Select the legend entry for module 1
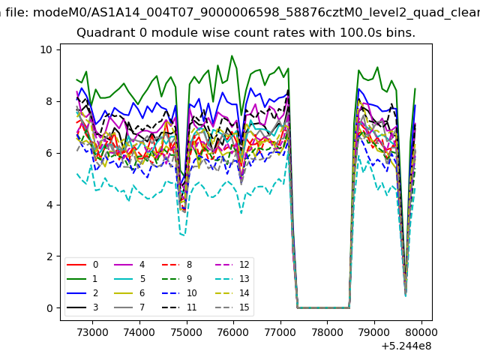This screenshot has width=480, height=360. point(82,279)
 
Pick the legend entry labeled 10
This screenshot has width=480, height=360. point(179,293)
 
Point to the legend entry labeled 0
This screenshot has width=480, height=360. point(82,265)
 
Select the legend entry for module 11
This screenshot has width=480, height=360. point(179,307)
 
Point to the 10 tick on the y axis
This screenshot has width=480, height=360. point(46,49)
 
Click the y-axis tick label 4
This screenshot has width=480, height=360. point(49,205)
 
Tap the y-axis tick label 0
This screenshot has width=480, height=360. point(49,308)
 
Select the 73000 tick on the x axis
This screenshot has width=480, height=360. point(92,332)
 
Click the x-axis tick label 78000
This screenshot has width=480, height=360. point(327,332)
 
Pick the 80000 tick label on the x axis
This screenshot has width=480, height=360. point(421,332)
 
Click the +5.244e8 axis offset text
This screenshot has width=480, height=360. point(406,346)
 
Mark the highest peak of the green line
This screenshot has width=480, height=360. point(232,55)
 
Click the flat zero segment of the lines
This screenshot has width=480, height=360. point(323,308)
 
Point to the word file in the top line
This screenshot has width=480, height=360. point(17,13)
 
